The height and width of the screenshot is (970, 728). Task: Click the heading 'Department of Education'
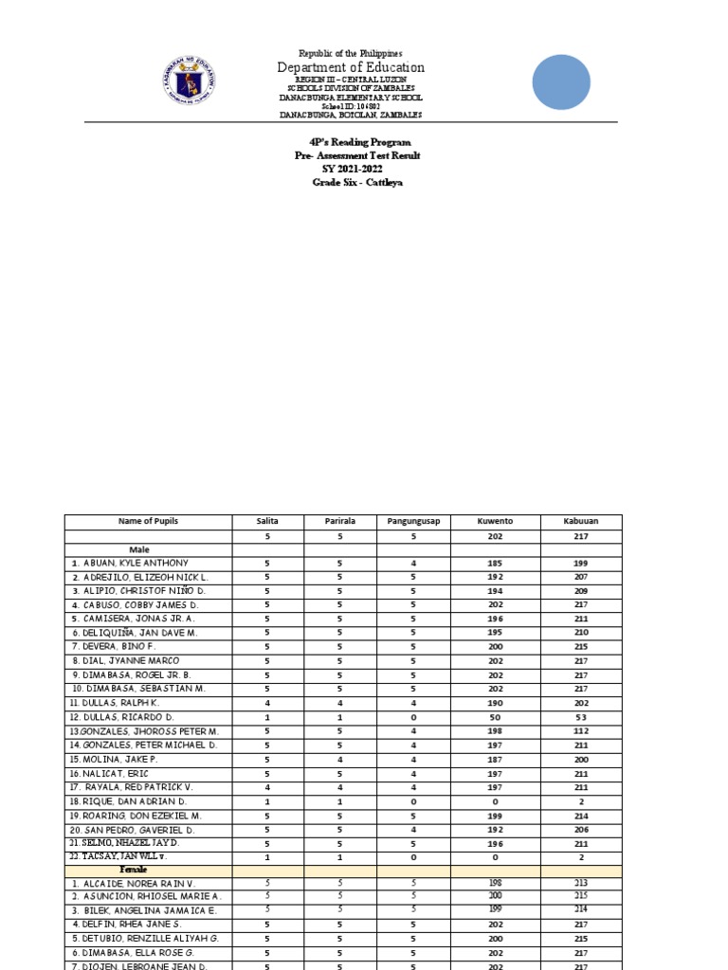coord(351,67)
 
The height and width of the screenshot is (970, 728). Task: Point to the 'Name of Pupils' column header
coord(148,521)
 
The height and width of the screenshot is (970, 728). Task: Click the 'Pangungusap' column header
coord(413,521)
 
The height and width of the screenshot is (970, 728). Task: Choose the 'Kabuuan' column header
coord(580,521)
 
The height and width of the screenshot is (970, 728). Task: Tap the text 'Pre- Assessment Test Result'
coord(356,155)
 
